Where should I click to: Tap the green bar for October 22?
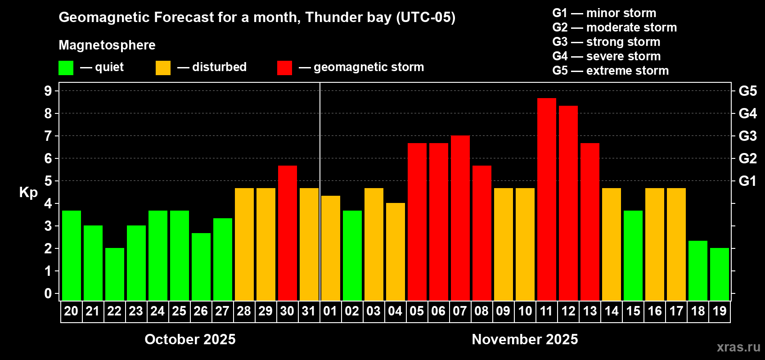point(114,274)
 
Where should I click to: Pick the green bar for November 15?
point(633,255)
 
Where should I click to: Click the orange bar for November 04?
point(395,252)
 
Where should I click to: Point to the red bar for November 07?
point(460,218)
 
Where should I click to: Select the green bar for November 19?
point(719,274)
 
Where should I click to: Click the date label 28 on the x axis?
point(243,311)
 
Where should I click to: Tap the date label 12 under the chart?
point(568,311)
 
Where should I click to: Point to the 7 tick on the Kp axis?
point(48,136)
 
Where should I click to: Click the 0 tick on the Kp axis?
point(48,293)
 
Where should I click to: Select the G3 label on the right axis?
point(747,136)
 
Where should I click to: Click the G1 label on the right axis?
point(747,181)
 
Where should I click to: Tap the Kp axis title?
point(28,193)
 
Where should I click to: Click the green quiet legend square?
point(66,68)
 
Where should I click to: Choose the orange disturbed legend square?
point(163,68)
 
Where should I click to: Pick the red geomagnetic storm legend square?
point(284,68)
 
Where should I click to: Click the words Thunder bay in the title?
point(348,18)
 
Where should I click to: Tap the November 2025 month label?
point(525,339)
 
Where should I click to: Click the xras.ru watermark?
point(738,347)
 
